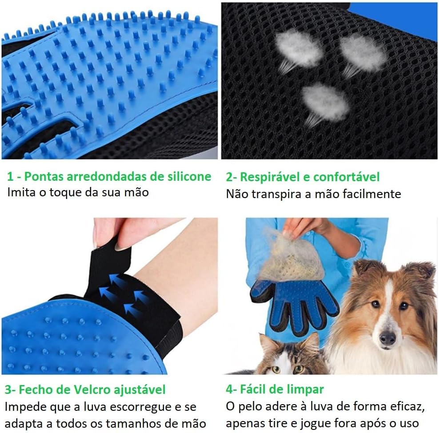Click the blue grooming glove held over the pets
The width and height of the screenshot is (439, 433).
[x=294, y=305]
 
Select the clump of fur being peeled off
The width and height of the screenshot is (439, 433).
[x=291, y=257]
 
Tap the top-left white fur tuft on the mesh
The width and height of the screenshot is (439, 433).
[x=298, y=49]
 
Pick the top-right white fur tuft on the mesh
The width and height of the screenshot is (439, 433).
[x=363, y=53]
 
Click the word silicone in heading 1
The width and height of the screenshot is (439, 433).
[x=189, y=176]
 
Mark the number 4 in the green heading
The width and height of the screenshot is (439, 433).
[x=230, y=389]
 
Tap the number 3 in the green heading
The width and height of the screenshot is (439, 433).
[x=8, y=390]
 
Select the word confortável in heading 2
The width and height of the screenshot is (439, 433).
[x=346, y=177]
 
